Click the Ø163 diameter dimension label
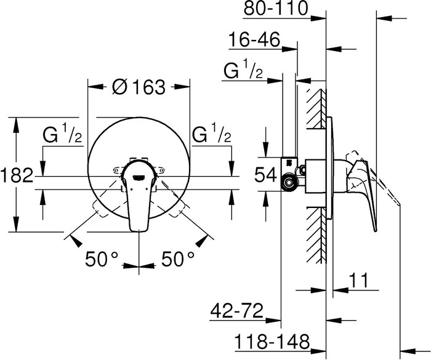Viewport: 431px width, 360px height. point(139,87)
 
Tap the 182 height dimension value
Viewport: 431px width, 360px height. point(17,175)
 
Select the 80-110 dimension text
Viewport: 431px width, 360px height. point(276,8)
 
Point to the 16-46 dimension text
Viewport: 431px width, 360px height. point(254,39)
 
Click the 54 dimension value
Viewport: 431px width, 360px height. point(266,175)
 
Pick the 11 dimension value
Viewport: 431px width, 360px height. point(358,280)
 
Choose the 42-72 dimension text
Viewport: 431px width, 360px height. point(236,311)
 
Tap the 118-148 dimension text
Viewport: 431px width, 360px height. point(272,342)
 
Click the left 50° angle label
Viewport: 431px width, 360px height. point(102,259)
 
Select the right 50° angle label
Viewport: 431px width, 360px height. point(178,259)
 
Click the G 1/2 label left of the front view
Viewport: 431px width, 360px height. point(62,134)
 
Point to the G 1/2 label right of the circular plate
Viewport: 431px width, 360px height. point(212,134)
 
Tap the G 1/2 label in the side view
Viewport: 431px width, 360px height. point(243,71)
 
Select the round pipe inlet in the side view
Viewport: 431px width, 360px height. point(289,183)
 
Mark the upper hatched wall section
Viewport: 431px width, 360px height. point(316,108)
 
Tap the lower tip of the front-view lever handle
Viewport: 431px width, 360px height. point(139,231)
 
